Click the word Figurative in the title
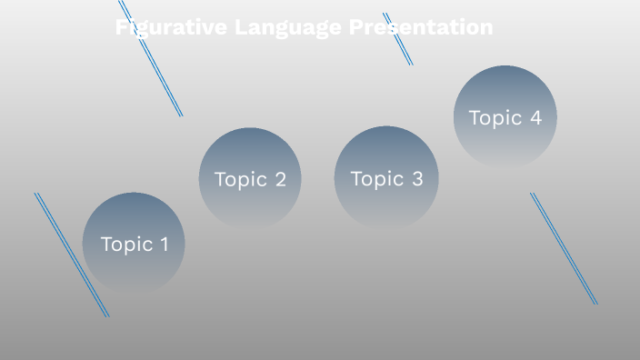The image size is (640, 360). tap(171, 28)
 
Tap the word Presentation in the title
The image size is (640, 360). tap(421, 28)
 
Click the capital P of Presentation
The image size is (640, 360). tap(356, 28)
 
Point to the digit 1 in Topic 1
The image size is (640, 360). tap(164, 244)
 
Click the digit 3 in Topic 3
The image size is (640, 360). tap(416, 179)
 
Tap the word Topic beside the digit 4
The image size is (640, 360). tap(495, 118)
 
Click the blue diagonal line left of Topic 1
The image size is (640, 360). tap(71, 255)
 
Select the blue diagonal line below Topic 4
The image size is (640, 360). tap(564, 248)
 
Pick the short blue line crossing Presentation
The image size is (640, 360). tap(398, 40)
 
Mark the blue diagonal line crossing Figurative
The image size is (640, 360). tap(151, 58)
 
